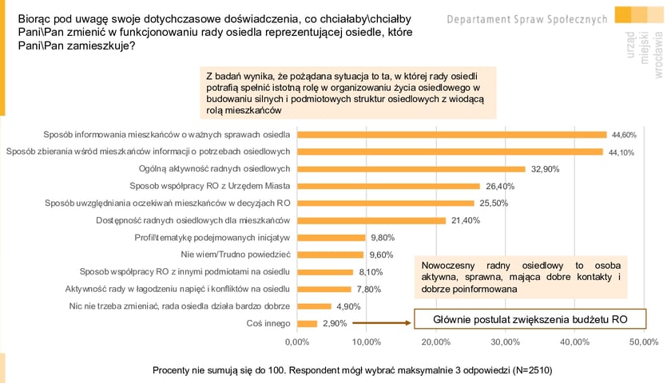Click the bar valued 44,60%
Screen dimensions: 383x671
[x=451, y=134]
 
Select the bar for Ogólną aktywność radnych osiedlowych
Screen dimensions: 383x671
[x=411, y=168]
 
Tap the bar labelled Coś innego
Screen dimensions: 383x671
[x=307, y=323]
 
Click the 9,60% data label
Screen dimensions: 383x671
[x=382, y=255]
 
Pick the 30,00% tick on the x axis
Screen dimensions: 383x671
[x=505, y=342]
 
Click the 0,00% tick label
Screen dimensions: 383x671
[x=296, y=342]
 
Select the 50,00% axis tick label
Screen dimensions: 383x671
[x=644, y=342]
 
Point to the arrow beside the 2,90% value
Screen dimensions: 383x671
[x=380, y=323]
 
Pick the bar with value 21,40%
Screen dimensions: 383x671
[x=371, y=220]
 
